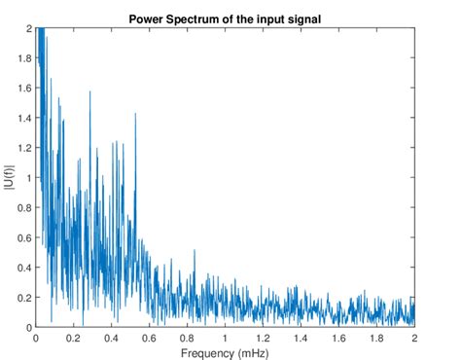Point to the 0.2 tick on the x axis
tap(74, 338)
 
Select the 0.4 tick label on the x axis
tap(112, 338)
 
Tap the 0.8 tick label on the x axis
tap(188, 338)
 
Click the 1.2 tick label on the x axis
tap(264, 338)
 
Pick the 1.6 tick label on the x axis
tap(339, 338)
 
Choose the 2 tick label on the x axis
tap(415, 338)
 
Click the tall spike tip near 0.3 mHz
tap(90, 92)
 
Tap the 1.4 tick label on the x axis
tap(301, 338)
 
